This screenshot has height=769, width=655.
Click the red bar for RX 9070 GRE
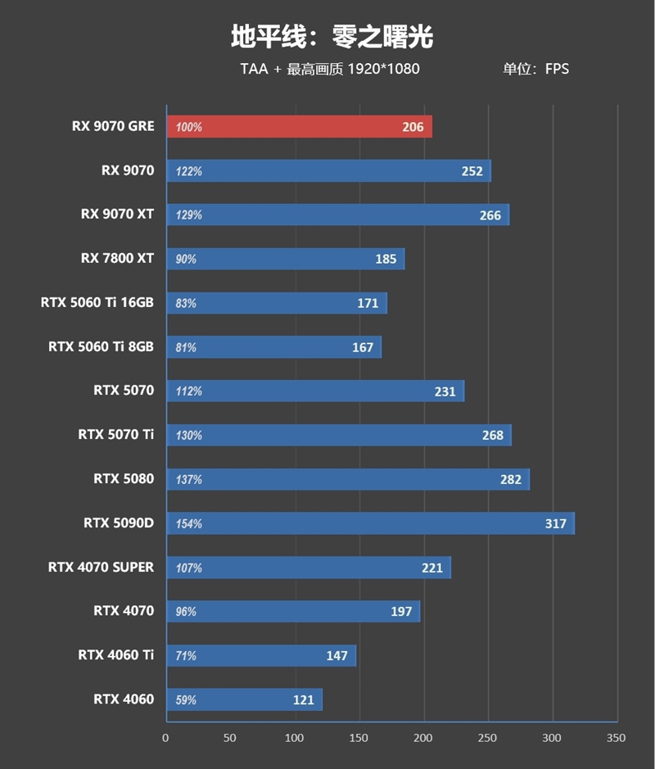tap(299, 127)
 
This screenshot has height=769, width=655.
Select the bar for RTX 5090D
tap(370, 523)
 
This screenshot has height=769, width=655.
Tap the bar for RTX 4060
tap(244, 700)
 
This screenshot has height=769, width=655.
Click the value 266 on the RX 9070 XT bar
tap(490, 215)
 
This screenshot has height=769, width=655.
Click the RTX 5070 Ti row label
tap(115, 434)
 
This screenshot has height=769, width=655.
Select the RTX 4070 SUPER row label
tap(101, 567)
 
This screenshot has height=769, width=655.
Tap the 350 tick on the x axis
tap(615, 738)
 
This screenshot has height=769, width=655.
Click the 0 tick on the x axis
tap(166, 738)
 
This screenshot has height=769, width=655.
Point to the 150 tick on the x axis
tap(358, 738)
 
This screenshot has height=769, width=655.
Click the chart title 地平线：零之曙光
tap(332, 36)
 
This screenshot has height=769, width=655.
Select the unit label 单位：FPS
tap(535, 69)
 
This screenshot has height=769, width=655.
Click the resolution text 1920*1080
tap(383, 69)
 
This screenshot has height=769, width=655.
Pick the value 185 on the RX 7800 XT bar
tap(386, 260)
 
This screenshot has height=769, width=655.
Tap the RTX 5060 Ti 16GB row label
tap(97, 302)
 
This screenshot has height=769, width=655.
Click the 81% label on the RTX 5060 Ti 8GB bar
tap(186, 347)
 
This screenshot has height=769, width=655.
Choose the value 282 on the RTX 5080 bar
tap(510, 479)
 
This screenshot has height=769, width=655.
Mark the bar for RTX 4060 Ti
tap(260, 656)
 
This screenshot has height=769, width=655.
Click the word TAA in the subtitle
tap(254, 69)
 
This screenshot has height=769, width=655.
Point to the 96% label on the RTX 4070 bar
tap(186, 612)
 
